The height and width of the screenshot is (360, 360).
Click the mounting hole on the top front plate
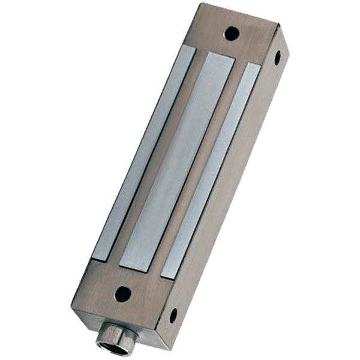232,33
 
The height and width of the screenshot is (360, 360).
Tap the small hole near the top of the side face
277,58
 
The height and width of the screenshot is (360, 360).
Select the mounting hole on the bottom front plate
122,294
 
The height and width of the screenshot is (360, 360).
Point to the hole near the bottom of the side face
173,314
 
